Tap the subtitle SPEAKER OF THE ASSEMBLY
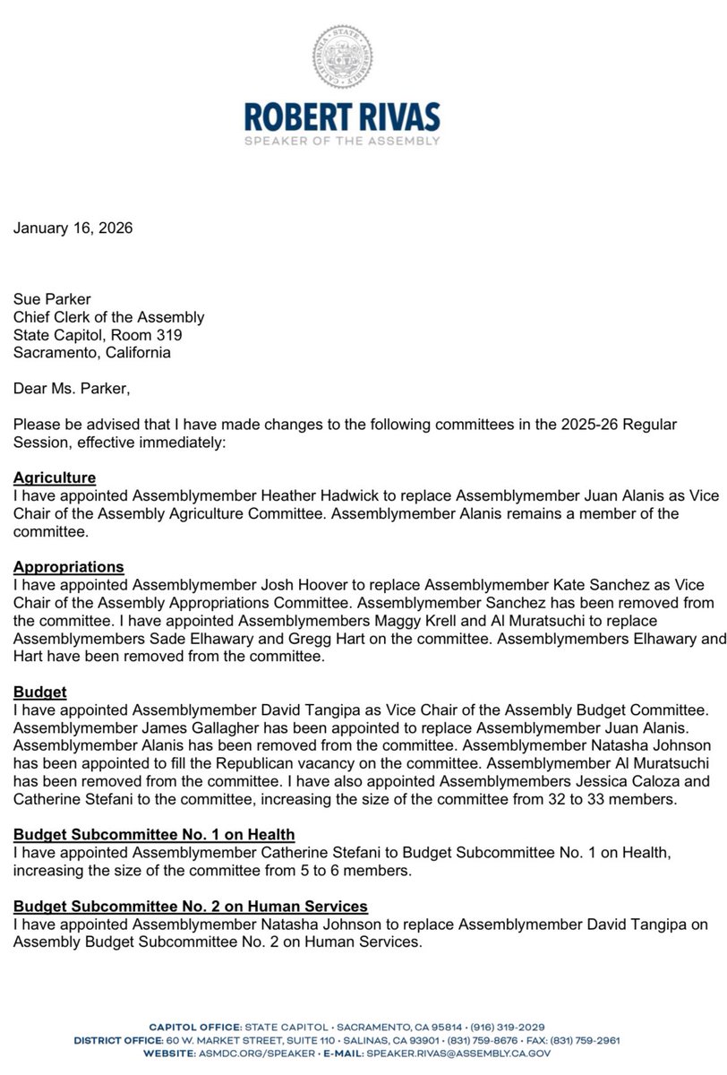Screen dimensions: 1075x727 click(363, 142)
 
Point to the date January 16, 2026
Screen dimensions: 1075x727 click(73, 228)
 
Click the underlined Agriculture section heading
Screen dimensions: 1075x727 click(55, 477)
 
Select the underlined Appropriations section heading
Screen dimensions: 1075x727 click(69, 567)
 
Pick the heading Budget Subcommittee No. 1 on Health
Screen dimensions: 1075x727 click(154, 836)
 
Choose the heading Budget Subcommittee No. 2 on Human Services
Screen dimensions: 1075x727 click(191, 907)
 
